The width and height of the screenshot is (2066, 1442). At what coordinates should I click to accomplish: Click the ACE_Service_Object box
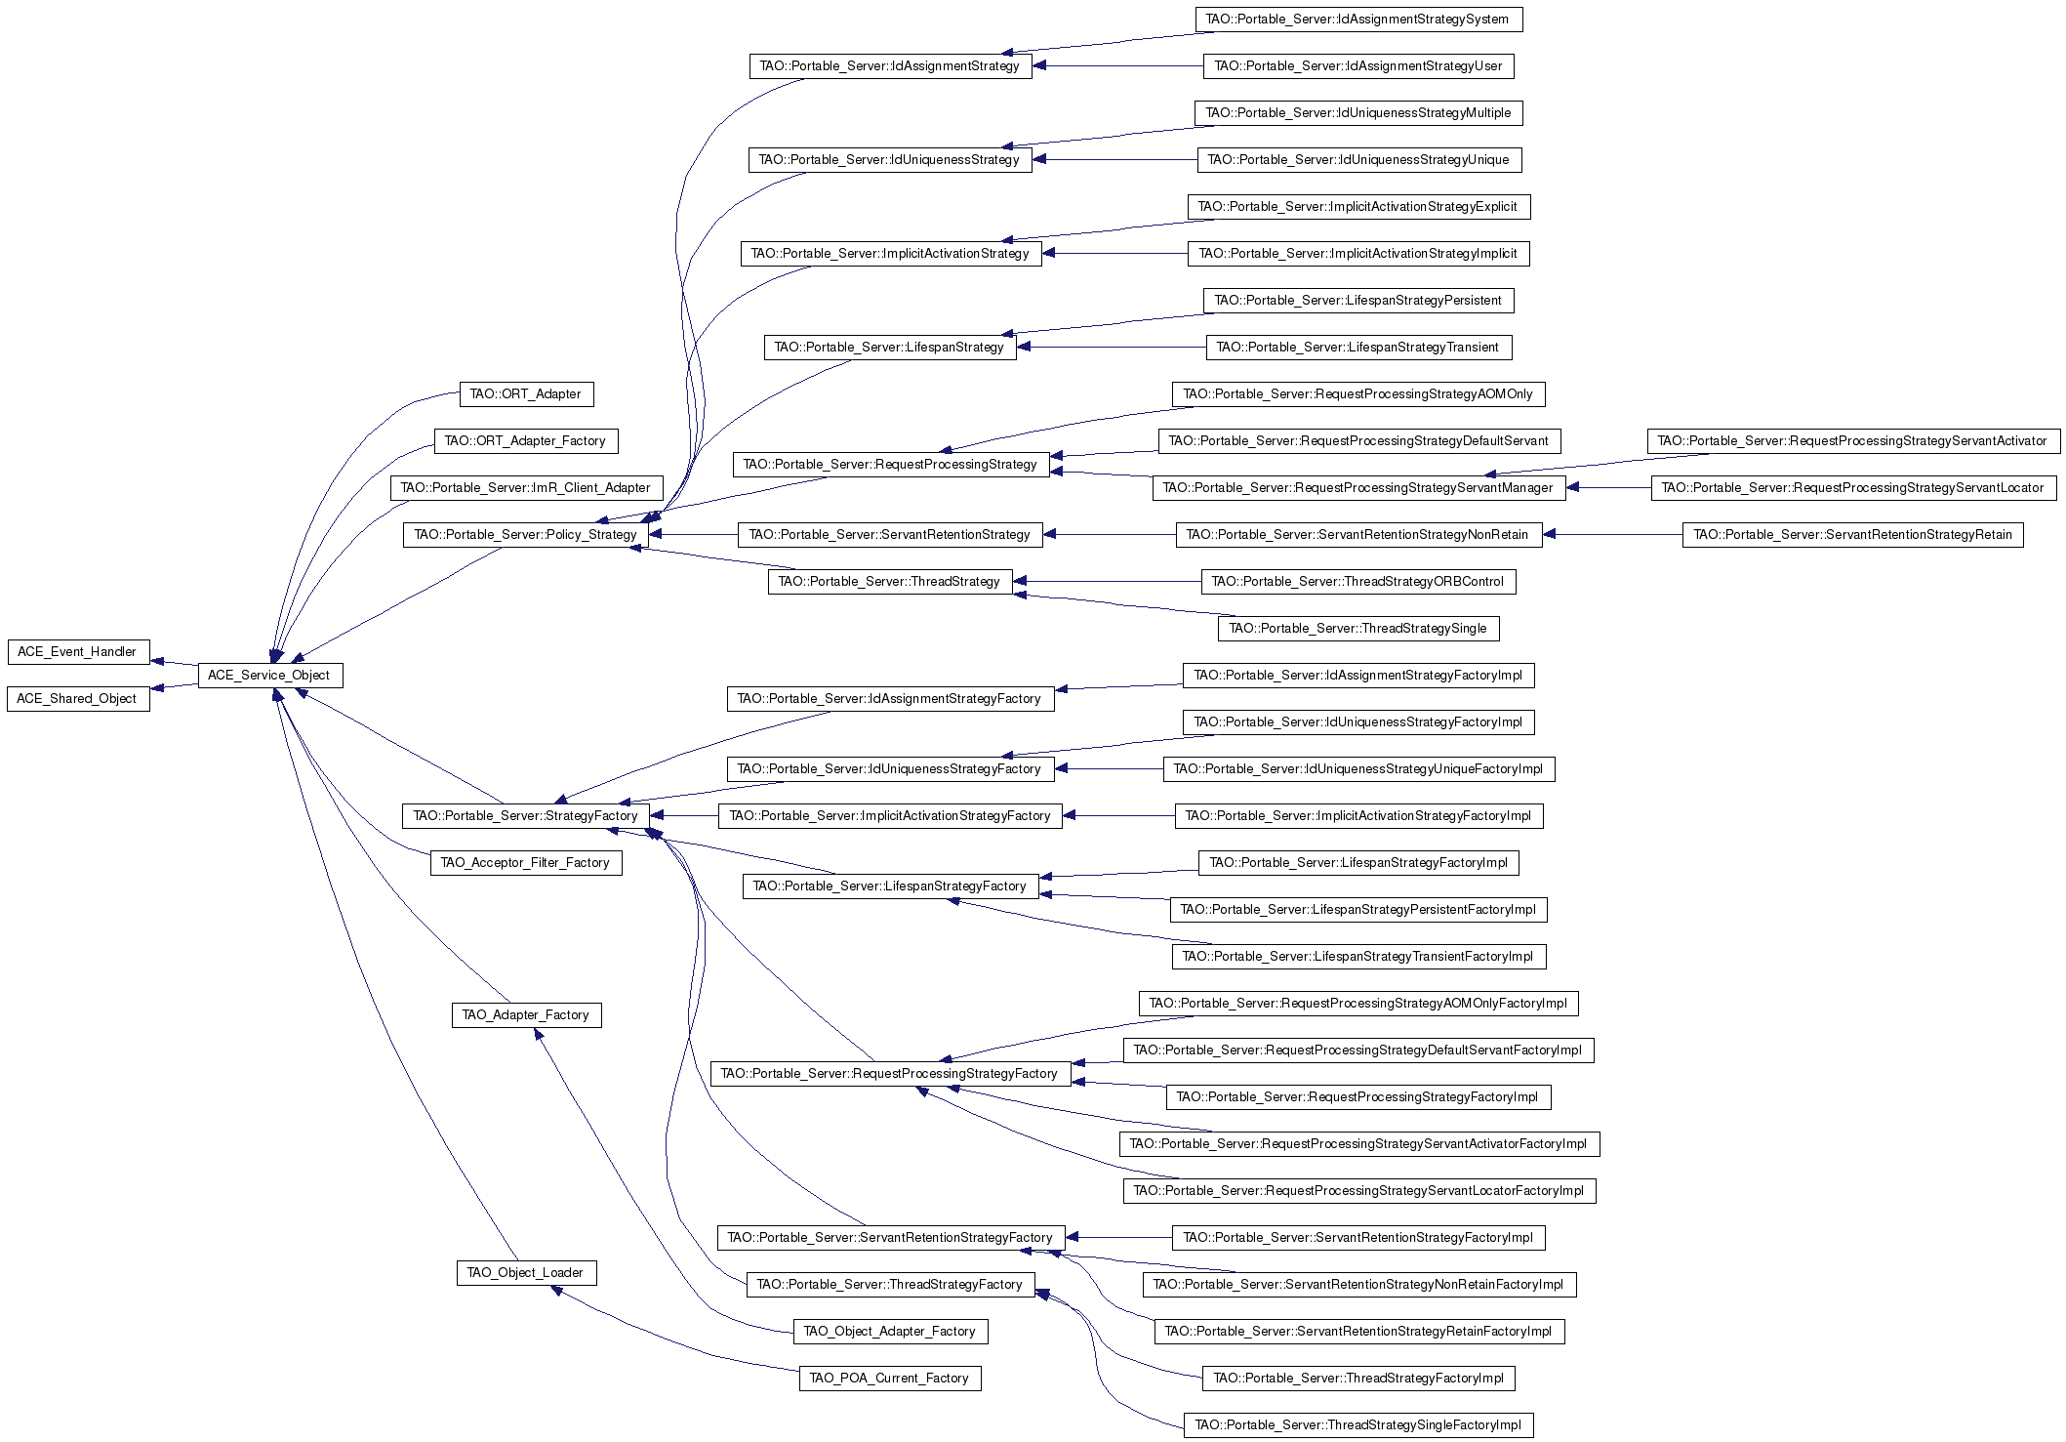[x=270, y=676]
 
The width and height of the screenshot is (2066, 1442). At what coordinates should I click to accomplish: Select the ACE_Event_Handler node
[x=78, y=652]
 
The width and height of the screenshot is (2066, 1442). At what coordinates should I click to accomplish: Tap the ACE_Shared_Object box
[x=78, y=699]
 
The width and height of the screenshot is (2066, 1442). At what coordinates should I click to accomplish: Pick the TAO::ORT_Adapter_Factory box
[x=526, y=441]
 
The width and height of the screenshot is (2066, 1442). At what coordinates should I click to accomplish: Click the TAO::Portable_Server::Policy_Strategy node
[x=526, y=535]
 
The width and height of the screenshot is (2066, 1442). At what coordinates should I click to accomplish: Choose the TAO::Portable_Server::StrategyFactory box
[x=526, y=816]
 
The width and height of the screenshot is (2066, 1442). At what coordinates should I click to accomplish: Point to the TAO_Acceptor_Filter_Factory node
[x=526, y=863]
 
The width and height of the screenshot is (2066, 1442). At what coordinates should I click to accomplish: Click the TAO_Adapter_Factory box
[x=526, y=1015]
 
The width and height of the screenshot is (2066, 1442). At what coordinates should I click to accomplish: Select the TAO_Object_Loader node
[x=526, y=1273]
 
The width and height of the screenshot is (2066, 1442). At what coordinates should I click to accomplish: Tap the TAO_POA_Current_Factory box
[x=890, y=1379]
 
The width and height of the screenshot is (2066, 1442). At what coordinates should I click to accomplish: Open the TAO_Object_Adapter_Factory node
[x=890, y=1332]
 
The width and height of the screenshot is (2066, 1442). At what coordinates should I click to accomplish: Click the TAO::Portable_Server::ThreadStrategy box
[x=890, y=582]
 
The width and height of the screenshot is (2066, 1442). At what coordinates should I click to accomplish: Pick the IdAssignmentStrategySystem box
[x=1358, y=20]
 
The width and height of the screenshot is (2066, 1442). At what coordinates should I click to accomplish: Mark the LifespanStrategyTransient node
[x=1358, y=348]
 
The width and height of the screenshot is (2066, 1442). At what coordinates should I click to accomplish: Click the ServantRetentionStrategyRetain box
[x=1853, y=535]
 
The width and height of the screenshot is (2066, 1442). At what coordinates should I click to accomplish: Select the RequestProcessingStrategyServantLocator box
[x=1853, y=488]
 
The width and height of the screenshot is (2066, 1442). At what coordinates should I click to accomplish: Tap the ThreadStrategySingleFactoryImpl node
[x=1358, y=1425]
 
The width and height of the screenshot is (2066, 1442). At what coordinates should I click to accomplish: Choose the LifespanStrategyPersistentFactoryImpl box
[x=1358, y=910]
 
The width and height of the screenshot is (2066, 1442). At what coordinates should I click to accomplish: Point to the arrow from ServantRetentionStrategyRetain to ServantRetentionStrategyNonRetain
[x=1613, y=535]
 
